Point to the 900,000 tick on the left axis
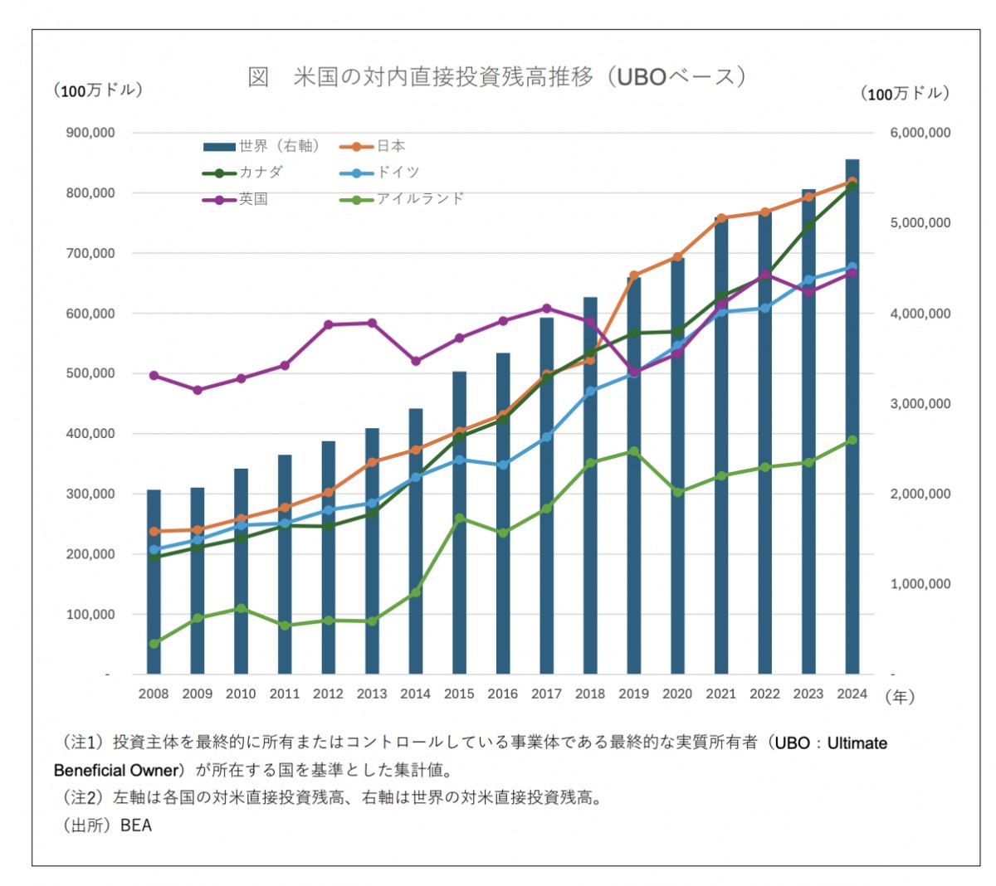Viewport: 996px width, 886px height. click(x=90, y=133)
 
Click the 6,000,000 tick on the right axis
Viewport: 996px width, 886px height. click(x=920, y=133)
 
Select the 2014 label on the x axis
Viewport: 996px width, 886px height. click(x=415, y=694)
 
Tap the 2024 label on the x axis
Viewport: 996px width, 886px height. click(x=852, y=694)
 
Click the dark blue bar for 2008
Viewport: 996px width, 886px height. click(x=154, y=581)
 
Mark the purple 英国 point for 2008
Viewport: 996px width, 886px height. click(x=154, y=376)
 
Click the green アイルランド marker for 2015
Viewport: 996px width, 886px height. click(x=459, y=518)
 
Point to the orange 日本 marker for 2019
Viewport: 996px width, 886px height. click(x=634, y=275)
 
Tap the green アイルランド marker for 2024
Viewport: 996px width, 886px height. click(x=852, y=441)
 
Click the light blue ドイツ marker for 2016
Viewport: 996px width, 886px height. click(x=503, y=465)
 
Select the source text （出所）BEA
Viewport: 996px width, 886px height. click(x=107, y=825)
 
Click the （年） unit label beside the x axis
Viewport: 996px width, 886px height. click(x=900, y=697)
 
